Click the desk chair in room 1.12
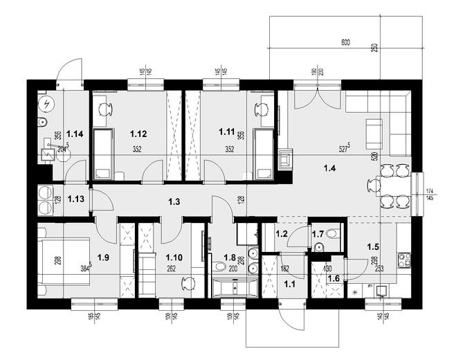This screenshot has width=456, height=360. [x=105, y=109]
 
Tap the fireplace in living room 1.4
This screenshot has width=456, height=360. [x=284, y=159]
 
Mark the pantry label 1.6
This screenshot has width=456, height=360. [x=333, y=278]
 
